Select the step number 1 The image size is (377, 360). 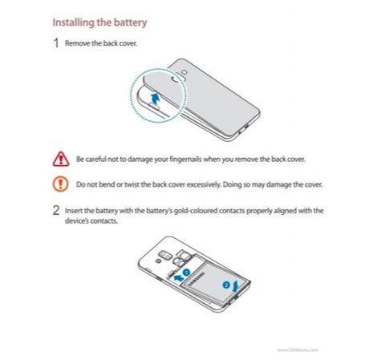[x=56, y=42]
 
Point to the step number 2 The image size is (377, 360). [x=56, y=211]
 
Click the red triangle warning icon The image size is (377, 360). [x=61, y=159]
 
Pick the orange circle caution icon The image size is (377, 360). [x=60, y=184]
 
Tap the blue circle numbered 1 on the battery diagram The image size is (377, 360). [x=186, y=273]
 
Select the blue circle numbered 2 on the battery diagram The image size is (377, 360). [x=226, y=285]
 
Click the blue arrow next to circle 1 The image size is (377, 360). [x=178, y=278]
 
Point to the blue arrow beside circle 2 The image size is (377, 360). [x=235, y=287]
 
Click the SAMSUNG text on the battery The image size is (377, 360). [x=197, y=279]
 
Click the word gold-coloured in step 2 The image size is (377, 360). [x=196, y=211]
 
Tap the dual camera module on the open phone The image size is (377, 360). [x=165, y=254]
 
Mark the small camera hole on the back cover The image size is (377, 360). [x=184, y=72]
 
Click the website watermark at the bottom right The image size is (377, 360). [x=298, y=350]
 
